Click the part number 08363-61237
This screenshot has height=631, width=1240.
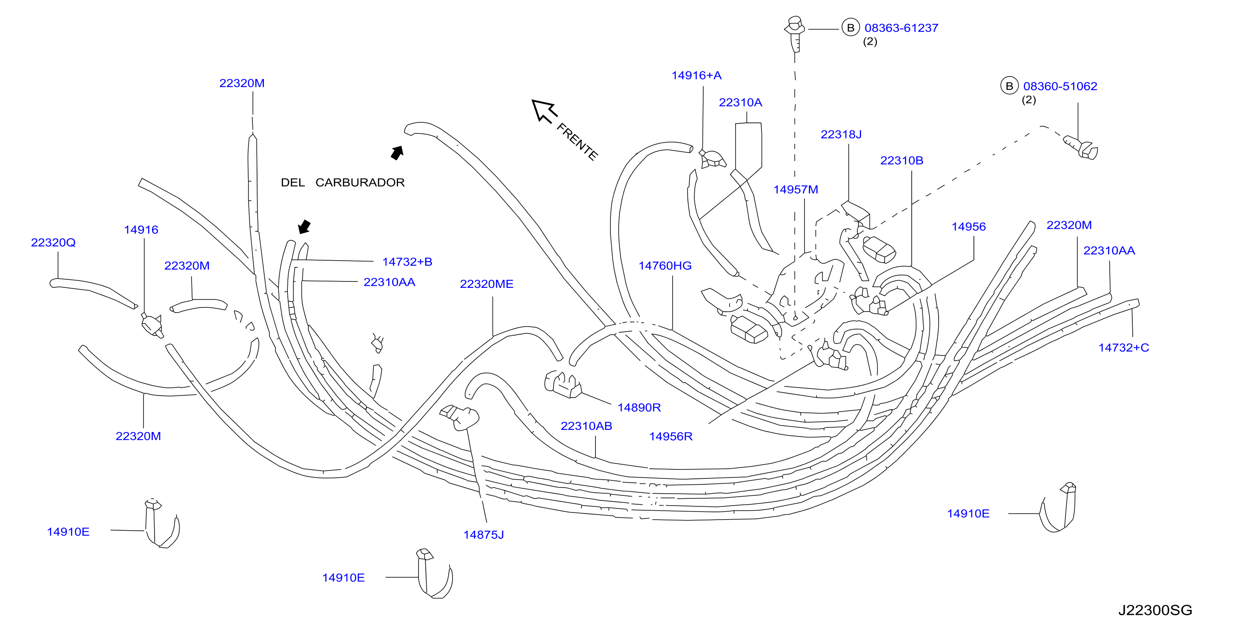pyautogui.click(x=901, y=28)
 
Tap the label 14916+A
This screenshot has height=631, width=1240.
pyautogui.click(x=696, y=76)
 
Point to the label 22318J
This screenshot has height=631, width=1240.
pyautogui.click(x=841, y=134)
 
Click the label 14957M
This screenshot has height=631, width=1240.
pyautogui.click(x=796, y=190)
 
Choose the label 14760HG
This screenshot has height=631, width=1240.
pyautogui.click(x=665, y=265)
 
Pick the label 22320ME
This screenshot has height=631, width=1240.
pyautogui.click(x=487, y=284)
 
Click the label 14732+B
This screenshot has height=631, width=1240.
pyautogui.click(x=407, y=261)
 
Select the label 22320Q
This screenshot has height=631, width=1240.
pyautogui.click(x=54, y=242)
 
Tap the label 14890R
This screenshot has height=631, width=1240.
pyautogui.click(x=639, y=407)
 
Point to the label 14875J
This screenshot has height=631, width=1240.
pyautogui.click(x=483, y=534)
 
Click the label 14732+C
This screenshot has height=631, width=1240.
pyautogui.click(x=1123, y=347)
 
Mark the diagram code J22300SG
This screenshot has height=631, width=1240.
pyautogui.click(x=1155, y=610)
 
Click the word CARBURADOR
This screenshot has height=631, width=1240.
pyautogui.click(x=360, y=182)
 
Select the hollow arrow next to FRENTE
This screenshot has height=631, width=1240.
pyautogui.click(x=544, y=111)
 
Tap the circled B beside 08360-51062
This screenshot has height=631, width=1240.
pyautogui.click(x=1009, y=86)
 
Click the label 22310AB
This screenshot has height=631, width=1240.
pyautogui.click(x=586, y=426)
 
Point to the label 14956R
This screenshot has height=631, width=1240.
pyautogui.click(x=670, y=436)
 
